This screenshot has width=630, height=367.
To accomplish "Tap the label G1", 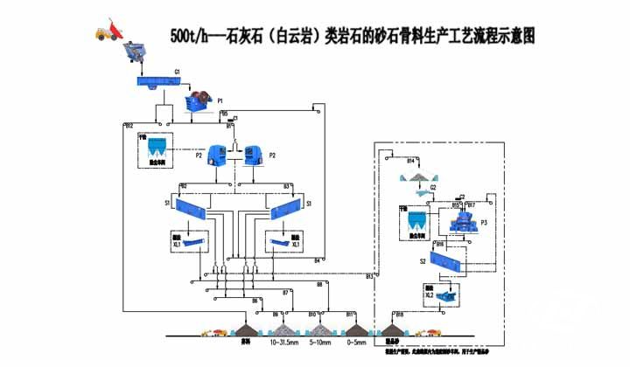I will [178, 70].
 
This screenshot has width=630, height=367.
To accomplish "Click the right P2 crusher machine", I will [255, 155].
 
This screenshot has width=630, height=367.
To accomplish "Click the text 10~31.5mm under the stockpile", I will [288, 343].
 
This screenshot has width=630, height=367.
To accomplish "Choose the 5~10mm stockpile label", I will [321, 343].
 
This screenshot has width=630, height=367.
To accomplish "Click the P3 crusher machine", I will [460, 222].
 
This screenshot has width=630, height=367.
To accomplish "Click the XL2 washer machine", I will [450, 294].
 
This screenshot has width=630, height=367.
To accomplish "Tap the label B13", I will [370, 276].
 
